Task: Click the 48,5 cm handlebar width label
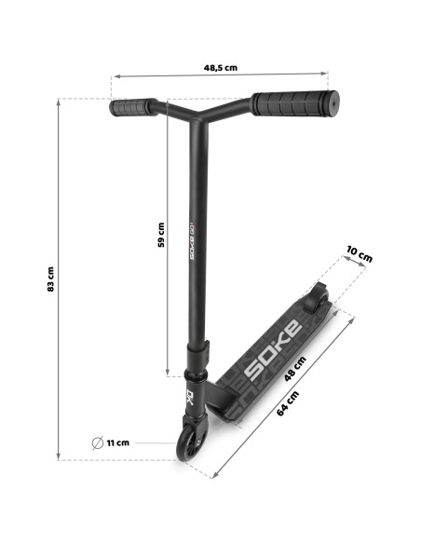point(221,68)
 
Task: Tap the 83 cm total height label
point(50,279)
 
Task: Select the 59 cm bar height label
point(161,235)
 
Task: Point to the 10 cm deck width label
point(360,254)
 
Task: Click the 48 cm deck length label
point(295,369)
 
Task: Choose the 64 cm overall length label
point(288,403)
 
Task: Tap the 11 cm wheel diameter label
point(118,442)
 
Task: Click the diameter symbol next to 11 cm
point(98,443)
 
